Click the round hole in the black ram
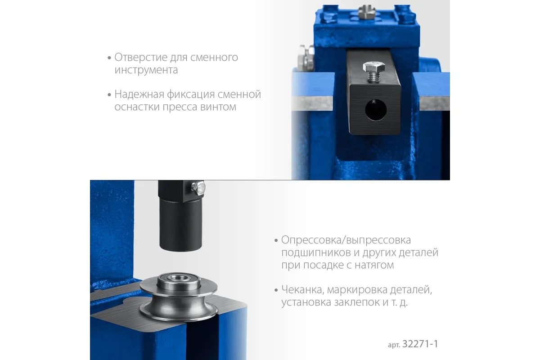(x=376, y=110)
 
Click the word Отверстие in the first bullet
(x=141, y=58)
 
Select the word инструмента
(x=146, y=70)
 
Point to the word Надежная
(x=139, y=94)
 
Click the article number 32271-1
(x=420, y=344)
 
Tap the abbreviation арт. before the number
(x=394, y=345)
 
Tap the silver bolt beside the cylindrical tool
(x=198, y=187)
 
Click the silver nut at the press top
(x=366, y=12)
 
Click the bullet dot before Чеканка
(x=276, y=290)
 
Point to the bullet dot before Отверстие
(x=109, y=58)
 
